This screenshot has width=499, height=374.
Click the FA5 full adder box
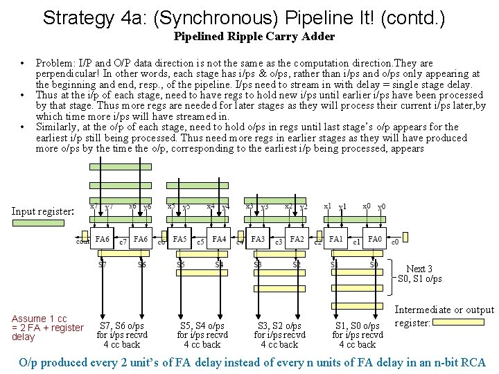(180, 239)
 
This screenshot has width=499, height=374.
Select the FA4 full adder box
(219, 239)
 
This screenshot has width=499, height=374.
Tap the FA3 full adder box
(258, 239)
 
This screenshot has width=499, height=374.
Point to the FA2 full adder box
(297, 239)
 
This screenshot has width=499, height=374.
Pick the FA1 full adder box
(336, 239)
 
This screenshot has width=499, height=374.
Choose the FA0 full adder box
(375, 239)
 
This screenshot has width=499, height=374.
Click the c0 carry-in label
(394, 242)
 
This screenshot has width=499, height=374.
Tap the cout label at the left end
(82, 242)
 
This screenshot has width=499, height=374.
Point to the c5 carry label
(200, 242)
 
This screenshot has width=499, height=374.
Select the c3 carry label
(278, 242)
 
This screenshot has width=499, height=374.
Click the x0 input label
(367, 206)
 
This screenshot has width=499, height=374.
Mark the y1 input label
(342, 206)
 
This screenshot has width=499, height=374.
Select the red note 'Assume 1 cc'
(40, 319)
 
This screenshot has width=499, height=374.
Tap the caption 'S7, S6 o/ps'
(122, 326)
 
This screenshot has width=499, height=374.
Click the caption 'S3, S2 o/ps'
(279, 326)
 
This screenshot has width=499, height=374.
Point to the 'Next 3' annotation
(419, 269)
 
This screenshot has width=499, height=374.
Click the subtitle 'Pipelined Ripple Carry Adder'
(254, 36)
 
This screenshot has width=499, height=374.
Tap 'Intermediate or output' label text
(444, 310)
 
